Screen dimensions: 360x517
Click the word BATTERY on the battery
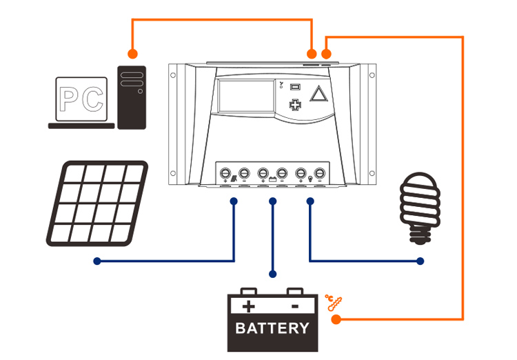[x=272, y=328]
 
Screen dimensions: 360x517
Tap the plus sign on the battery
[x=249, y=306]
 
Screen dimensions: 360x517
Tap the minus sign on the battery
[x=295, y=306]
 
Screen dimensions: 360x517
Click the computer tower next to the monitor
[x=132, y=97]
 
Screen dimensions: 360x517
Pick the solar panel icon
[x=97, y=203]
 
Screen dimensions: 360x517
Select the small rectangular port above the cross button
[x=295, y=87]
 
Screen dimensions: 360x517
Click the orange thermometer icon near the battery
[x=333, y=302]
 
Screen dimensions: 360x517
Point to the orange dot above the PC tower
[x=132, y=53]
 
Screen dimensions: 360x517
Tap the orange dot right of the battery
[x=336, y=320]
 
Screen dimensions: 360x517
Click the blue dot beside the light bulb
[x=420, y=261]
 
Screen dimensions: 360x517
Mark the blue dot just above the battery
[x=273, y=274]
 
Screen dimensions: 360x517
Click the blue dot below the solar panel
[x=97, y=261]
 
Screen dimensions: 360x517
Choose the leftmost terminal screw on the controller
[x=225, y=173]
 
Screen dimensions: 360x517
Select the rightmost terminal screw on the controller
[x=319, y=173]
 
